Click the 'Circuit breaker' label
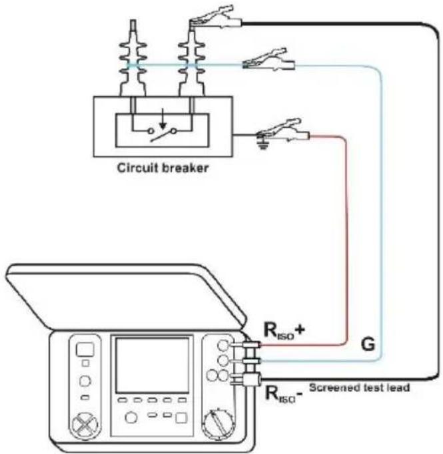(x=163, y=168)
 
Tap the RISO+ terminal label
(x=284, y=330)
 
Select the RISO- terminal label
(x=284, y=394)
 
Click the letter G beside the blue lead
(x=368, y=344)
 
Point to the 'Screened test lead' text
(x=359, y=387)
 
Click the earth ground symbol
(x=262, y=144)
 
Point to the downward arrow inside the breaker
(x=163, y=118)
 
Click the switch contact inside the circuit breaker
(x=162, y=134)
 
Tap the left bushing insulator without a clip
(x=133, y=58)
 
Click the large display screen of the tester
(x=152, y=365)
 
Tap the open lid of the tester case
(x=126, y=297)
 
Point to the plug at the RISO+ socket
(x=250, y=345)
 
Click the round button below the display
(x=131, y=417)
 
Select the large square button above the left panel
(x=85, y=349)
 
